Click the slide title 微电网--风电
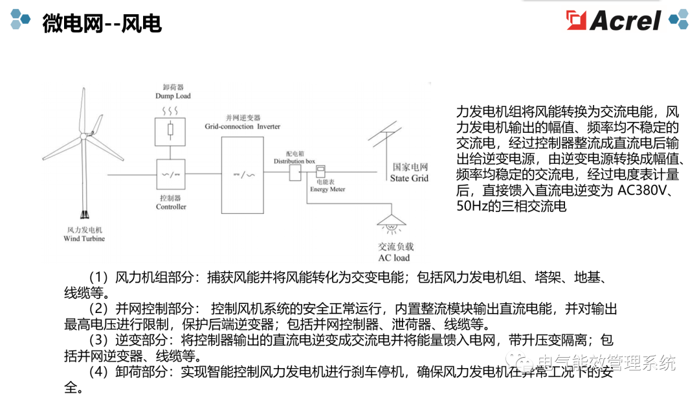tap(102, 23)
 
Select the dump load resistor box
tap(170, 131)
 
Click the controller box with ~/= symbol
tap(170, 174)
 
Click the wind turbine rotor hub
tap(83, 136)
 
